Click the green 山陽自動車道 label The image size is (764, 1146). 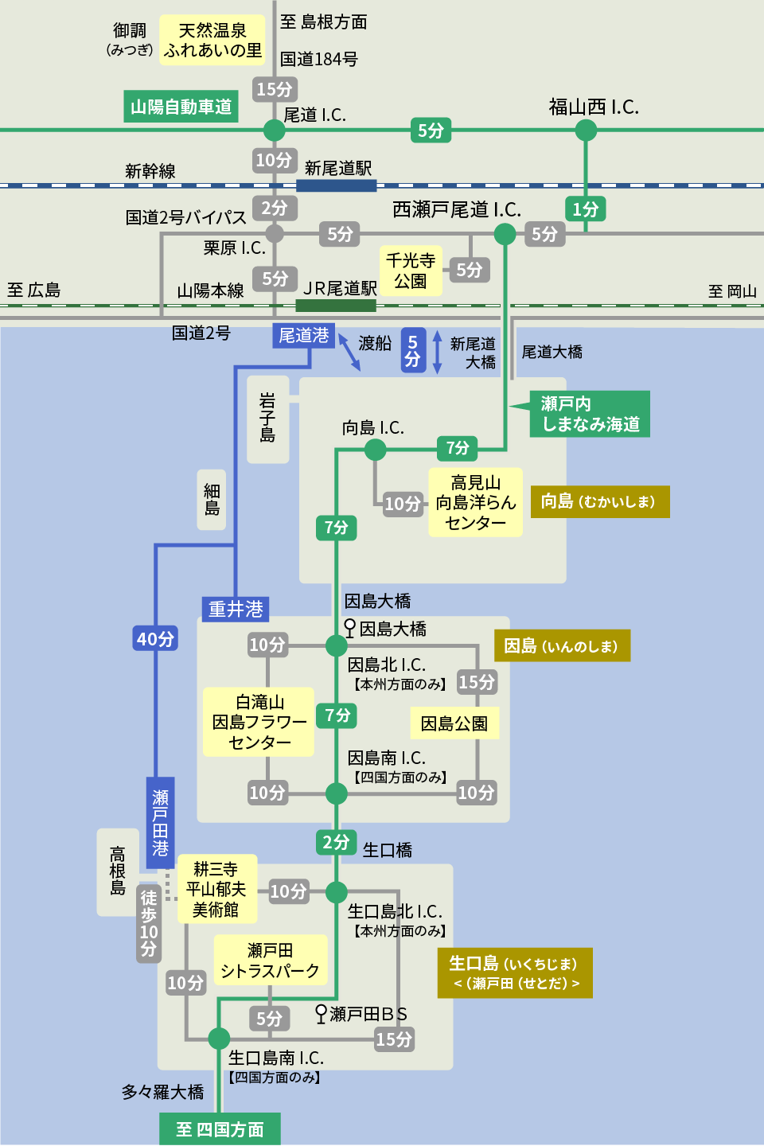(x=181, y=107)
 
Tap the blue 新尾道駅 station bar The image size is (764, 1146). (x=336, y=185)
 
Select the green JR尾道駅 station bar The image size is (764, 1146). (x=335, y=306)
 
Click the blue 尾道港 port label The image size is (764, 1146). (x=303, y=335)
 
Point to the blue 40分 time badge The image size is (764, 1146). (x=155, y=638)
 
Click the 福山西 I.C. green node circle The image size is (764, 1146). (x=586, y=130)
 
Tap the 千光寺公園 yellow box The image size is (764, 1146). (x=411, y=271)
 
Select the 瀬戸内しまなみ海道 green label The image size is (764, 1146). (x=590, y=414)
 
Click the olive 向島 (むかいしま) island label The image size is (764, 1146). (x=599, y=501)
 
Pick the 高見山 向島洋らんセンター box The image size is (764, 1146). (x=475, y=502)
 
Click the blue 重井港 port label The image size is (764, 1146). (x=236, y=609)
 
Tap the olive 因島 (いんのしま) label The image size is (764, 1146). (x=562, y=645)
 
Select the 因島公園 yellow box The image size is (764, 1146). (x=454, y=723)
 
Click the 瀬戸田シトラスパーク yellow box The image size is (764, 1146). (x=271, y=961)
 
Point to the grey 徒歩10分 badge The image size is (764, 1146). (x=149, y=923)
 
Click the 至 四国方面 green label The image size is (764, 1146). (x=220, y=1129)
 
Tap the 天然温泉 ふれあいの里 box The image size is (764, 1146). (x=212, y=40)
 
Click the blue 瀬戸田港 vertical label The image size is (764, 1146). (x=161, y=822)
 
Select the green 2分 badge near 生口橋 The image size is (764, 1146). (x=336, y=842)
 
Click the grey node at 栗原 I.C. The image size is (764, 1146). (x=275, y=233)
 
